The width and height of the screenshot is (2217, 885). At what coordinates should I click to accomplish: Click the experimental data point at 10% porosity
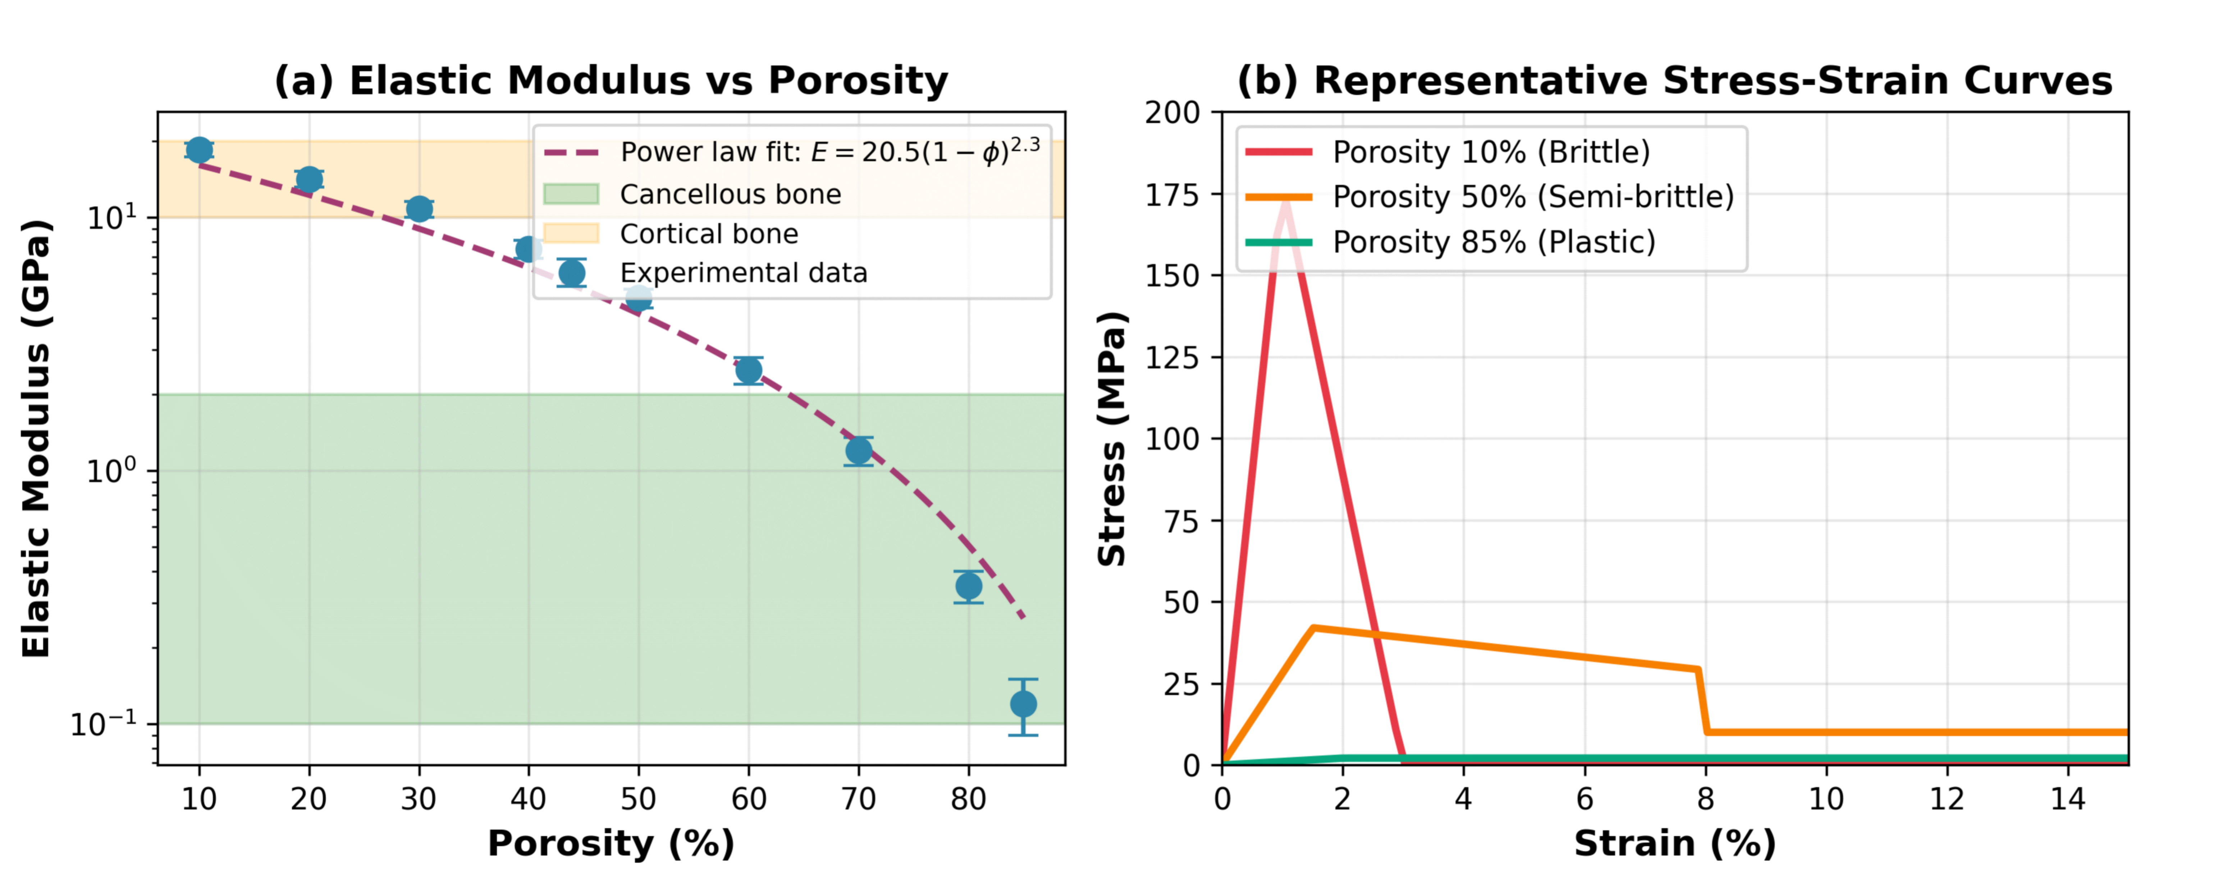(199, 150)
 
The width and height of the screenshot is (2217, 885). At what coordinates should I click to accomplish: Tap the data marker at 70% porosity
(858, 450)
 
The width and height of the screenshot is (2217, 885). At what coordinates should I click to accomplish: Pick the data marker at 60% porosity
(748, 370)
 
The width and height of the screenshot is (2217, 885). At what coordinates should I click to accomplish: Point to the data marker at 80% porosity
(968, 586)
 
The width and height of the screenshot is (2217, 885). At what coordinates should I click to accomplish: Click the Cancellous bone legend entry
(730, 195)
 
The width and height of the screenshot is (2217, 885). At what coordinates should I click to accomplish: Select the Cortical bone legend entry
(708, 234)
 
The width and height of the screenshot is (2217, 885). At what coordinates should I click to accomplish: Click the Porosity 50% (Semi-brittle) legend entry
(1532, 197)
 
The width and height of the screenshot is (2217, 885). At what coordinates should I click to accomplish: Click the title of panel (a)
(611, 81)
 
